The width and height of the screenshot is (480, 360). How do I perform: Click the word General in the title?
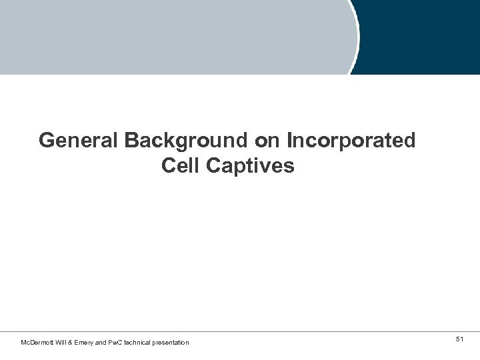pyautogui.click(x=78, y=141)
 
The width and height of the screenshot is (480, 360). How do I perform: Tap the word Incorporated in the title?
pyautogui.click(x=351, y=141)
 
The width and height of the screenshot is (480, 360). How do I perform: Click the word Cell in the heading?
pyautogui.click(x=181, y=166)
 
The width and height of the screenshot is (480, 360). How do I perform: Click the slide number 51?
pyautogui.click(x=459, y=340)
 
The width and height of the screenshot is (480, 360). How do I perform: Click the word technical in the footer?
pyautogui.click(x=139, y=343)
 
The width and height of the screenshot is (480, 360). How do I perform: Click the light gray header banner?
pyautogui.click(x=173, y=37)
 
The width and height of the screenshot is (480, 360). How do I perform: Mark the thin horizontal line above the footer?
pyautogui.click(x=240, y=331)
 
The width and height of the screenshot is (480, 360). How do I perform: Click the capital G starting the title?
pyautogui.click(x=46, y=141)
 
